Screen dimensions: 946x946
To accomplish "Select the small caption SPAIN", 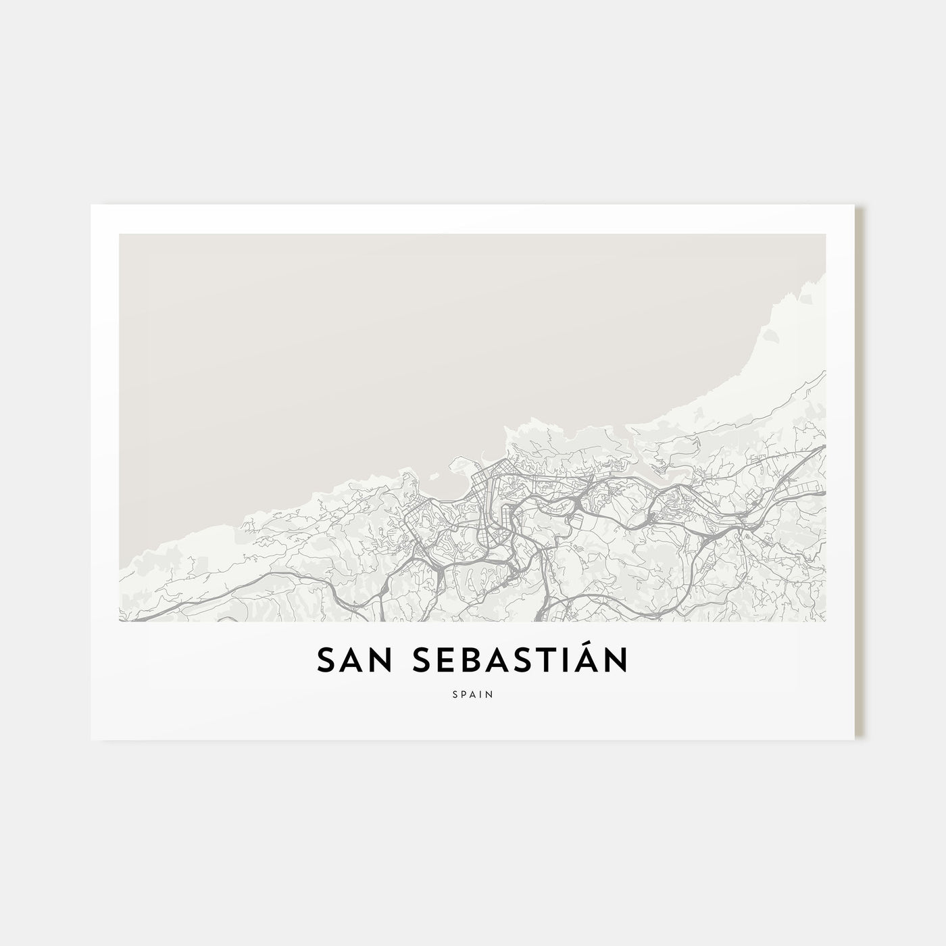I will pos(473,693).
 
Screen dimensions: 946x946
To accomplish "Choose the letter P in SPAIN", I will pos(464,693).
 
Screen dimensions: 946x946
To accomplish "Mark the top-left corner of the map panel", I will pos(120,234).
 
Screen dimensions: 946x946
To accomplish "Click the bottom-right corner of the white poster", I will pos(855,739).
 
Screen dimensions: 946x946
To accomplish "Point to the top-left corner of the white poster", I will pos(91,205).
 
